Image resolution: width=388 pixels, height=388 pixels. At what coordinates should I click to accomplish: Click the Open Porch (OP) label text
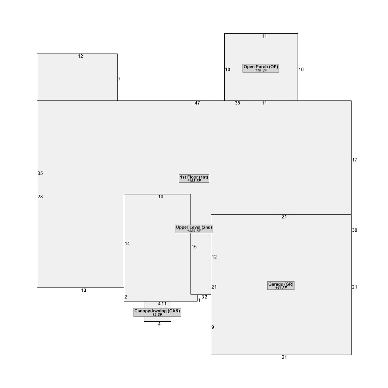pyautogui.click(x=261, y=67)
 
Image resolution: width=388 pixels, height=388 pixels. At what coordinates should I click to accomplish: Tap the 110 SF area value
pyautogui.click(x=261, y=71)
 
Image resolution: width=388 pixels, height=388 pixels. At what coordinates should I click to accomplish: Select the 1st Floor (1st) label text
pyautogui.click(x=194, y=177)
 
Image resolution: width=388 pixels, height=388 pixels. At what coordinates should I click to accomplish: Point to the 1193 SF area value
pyautogui.click(x=194, y=181)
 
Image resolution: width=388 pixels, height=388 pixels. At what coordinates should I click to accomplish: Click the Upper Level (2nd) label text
pyautogui.click(x=194, y=227)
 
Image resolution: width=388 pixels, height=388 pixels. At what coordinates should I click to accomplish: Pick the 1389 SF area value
pyautogui.click(x=194, y=231)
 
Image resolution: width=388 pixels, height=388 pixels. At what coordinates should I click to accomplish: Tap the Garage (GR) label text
pyautogui.click(x=281, y=284)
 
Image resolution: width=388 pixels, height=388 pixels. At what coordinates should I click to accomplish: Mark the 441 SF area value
pyautogui.click(x=281, y=288)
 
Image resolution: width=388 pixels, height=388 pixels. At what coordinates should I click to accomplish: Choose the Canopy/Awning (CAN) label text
pyautogui.click(x=157, y=311)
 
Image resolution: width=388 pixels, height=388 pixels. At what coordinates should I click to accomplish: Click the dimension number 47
pyautogui.click(x=197, y=103)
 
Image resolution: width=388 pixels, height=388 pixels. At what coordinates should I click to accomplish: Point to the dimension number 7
pyautogui.click(x=119, y=80)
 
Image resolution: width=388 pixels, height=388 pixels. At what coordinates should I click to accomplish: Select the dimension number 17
pyautogui.click(x=355, y=160)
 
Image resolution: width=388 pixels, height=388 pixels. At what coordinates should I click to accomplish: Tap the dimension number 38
pyautogui.click(x=355, y=230)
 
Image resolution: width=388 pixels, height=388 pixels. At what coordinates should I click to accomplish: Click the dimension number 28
pyautogui.click(x=40, y=197)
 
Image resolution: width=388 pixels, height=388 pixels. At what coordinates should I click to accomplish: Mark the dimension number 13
pyautogui.click(x=84, y=291)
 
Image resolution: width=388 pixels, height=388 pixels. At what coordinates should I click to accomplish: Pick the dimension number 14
pyautogui.click(x=127, y=244)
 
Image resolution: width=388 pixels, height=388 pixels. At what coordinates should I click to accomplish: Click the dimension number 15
pyautogui.click(x=194, y=247)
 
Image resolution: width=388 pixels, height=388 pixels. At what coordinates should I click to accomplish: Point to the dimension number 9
pyautogui.click(x=213, y=327)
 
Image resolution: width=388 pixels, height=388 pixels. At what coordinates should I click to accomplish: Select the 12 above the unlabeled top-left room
pyautogui.click(x=80, y=56)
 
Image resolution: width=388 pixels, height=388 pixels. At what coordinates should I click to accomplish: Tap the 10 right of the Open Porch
pyautogui.click(x=301, y=69)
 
